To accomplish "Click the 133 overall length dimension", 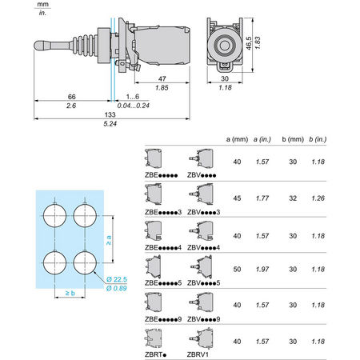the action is click(x=110, y=114).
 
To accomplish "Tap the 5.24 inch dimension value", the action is click(x=110, y=124).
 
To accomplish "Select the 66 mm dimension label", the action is click(x=72, y=97).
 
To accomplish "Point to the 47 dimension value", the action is click(x=162, y=78).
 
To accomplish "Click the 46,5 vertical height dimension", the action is click(x=249, y=43).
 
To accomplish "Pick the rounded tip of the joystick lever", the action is click(x=38, y=45).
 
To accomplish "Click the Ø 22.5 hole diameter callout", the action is click(x=117, y=279).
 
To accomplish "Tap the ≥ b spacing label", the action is click(x=70, y=293).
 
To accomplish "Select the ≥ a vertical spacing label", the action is click(x=109, y=240).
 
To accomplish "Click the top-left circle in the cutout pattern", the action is click(x=55, y=215).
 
